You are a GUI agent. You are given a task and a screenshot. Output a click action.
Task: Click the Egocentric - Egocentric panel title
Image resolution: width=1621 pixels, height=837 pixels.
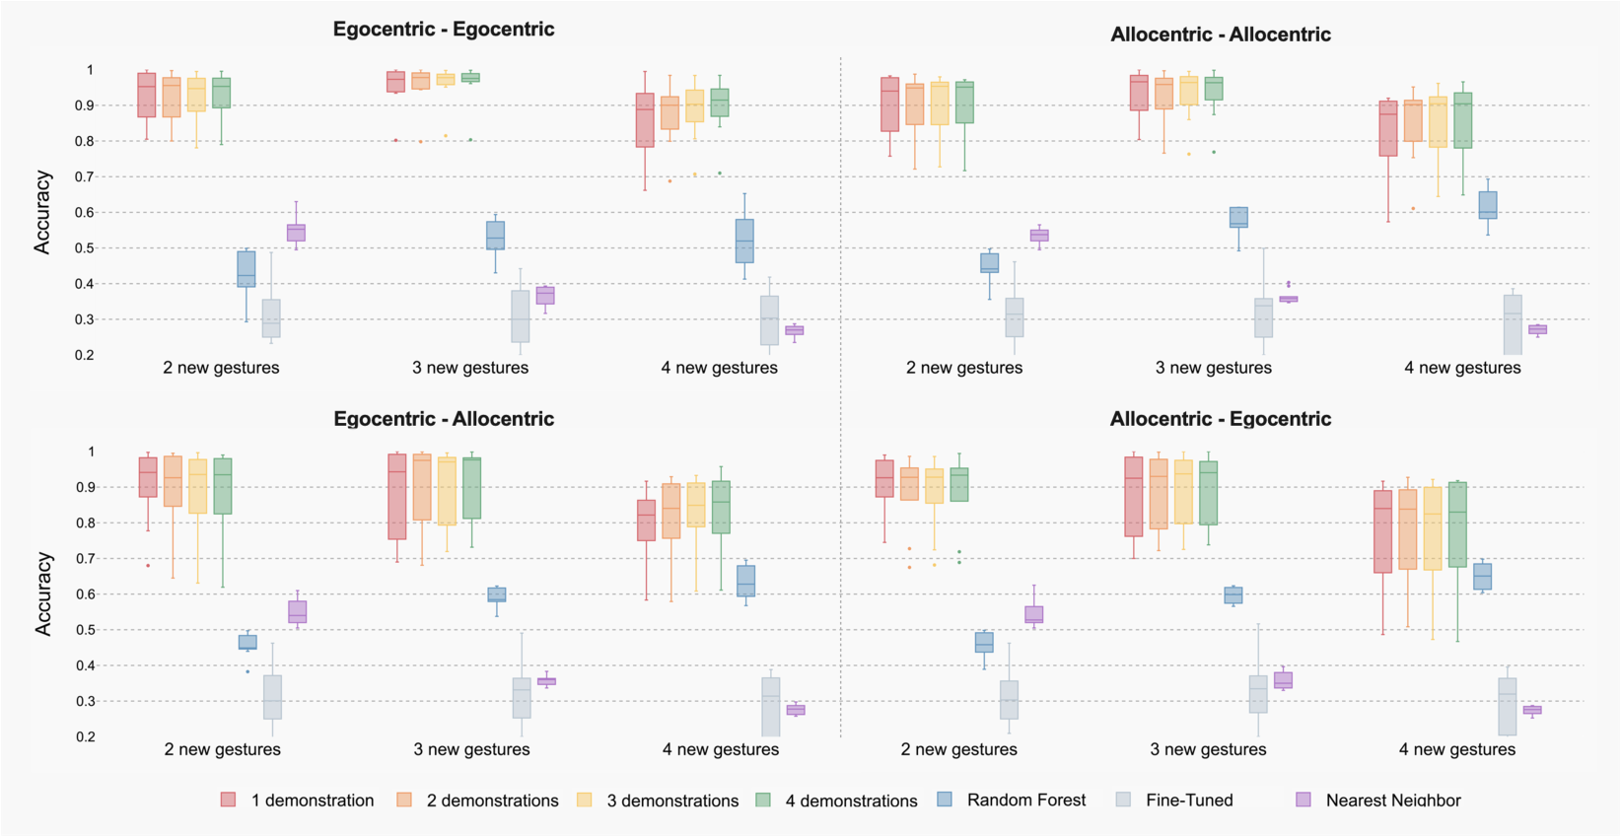[444, 29]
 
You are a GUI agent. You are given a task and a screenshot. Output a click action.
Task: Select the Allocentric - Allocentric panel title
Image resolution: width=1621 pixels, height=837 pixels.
[1221, 35]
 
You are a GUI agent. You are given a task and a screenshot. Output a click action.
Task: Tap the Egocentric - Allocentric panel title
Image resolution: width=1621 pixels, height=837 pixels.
[444, 419]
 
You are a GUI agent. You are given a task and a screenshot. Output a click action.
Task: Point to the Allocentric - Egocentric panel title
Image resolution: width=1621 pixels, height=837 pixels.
[1221, 419]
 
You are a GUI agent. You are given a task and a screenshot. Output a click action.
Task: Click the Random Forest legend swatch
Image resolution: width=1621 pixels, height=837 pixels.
[945, 800]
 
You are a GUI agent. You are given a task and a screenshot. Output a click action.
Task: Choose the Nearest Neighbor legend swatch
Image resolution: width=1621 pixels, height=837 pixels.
[1304, 800]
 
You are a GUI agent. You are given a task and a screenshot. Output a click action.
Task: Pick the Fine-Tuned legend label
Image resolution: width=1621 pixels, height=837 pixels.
[1189, 800]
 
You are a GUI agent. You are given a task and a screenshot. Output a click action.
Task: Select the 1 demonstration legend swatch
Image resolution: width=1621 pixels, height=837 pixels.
[229, 800]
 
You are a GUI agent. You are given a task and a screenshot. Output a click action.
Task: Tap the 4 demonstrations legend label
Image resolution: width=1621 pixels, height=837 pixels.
[851, 801]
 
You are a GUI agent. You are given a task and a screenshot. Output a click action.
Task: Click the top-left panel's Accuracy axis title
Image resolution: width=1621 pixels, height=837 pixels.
[42, 212]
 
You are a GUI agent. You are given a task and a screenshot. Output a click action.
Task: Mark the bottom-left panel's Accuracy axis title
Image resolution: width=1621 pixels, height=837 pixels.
[42, 593]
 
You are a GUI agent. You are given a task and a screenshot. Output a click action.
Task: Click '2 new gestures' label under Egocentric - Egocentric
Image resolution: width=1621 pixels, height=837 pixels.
[221, 368]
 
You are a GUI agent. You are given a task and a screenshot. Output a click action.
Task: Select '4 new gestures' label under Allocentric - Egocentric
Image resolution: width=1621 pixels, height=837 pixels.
[1456, 749]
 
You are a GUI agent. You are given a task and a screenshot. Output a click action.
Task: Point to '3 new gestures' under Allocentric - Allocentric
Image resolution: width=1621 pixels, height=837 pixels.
[1214, 368]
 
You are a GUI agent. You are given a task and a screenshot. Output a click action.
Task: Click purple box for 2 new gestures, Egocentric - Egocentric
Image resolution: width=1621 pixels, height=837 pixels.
[296, 233]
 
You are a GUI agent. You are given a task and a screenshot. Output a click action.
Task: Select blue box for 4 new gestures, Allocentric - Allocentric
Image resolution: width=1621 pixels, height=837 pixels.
[1487, 205]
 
